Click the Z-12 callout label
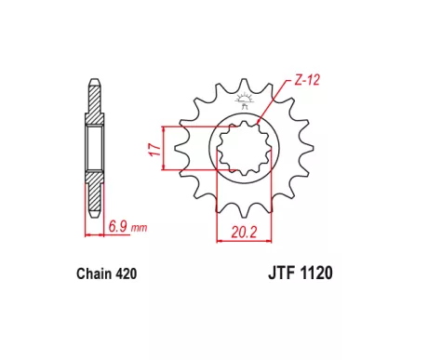[x=306, y=80]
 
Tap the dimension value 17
[x=154, y=150]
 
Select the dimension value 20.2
[x=244, y=232]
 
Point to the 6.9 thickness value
[x=117, y=226]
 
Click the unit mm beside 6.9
[x=139, y=228]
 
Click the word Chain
[x=94, y=273]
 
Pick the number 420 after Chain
[x=126, y=273]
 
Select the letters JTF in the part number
[x=281, y=273]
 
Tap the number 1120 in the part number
[x=316, y=273]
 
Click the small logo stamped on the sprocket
[x=245, y=100]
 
